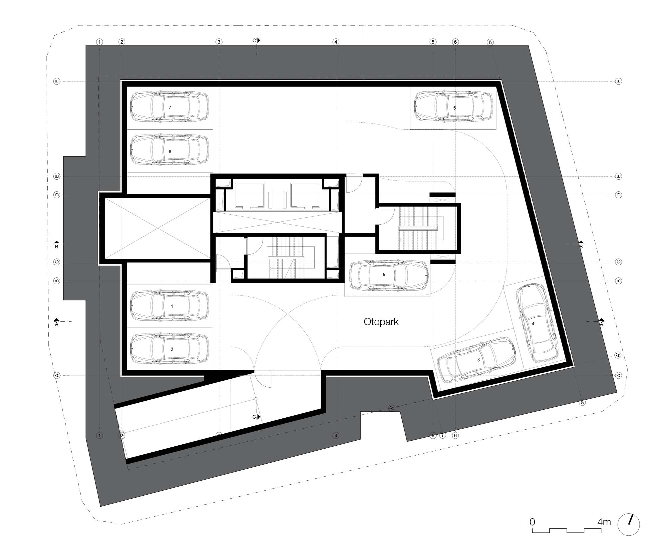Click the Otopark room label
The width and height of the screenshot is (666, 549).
click(x=381, y=322)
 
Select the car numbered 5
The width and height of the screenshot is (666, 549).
click(x=389, y=275)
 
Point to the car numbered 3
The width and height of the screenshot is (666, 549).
click(x=477, y=360)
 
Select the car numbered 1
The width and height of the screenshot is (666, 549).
click(x=169, y=305)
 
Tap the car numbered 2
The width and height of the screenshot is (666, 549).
click(x=169, y=348)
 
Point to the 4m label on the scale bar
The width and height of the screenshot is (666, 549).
click(x=604, y=522)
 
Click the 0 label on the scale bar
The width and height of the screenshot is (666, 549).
click(x=532, y=522)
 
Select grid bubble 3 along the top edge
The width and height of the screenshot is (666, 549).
click(x=219, y=42)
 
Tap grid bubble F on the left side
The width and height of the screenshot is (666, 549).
click(x=57, y=81)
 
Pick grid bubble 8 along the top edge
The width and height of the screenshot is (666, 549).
click(x=490, y=42)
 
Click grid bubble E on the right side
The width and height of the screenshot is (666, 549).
click(x=619, y=176)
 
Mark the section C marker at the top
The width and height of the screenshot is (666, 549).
click(x=256, y=40)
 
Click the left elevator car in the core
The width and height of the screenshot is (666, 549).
click(x=249, y=196)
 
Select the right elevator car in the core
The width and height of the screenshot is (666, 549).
click(x=305, y=196)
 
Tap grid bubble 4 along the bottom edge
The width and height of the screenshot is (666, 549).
click(x=336, y=435)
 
